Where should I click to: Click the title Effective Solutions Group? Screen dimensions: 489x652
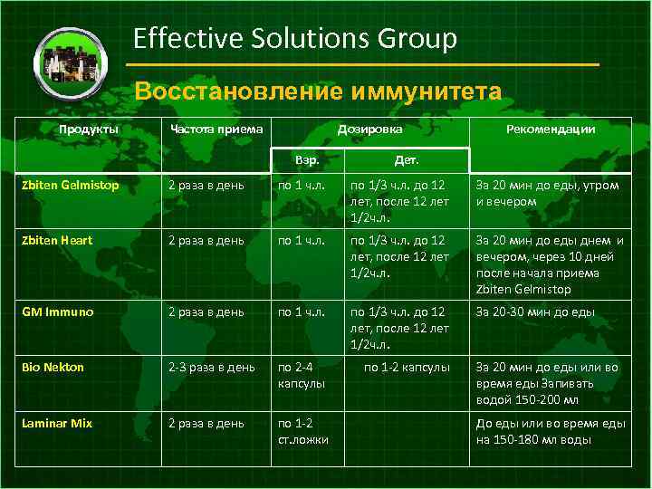coord(295,38)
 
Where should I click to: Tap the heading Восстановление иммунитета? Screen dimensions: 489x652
coord(317,91)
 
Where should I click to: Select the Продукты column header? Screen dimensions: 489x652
coord(89,129)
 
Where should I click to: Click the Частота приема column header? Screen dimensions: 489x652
coord(216,129)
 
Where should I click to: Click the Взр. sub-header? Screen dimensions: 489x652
coord(307,159)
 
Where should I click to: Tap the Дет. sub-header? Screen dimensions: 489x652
coord(406,159)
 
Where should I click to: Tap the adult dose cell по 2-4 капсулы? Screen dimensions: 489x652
coord(302,375)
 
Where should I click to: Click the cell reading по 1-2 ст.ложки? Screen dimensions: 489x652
coord(303,431)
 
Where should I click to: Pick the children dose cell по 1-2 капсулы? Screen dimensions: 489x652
coord(407,368)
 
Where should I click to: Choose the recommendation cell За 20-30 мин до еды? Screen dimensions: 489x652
coord(536,312)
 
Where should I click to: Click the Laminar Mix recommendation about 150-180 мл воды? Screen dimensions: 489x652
coord(551,431)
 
